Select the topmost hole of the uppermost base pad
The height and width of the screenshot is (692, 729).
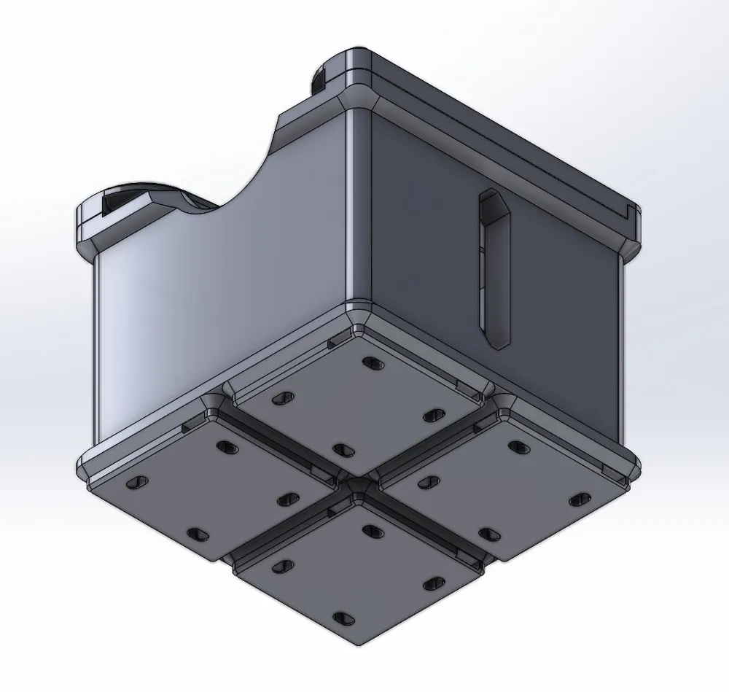click(x=372, y=362)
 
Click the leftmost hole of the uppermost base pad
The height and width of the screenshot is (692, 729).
click(x=281, y=398)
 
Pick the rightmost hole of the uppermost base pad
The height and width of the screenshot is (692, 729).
click(x=433, y=414)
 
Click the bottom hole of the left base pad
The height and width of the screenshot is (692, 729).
click(x=198, y=534)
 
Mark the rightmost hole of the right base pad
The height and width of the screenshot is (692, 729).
click(x=580, y=499)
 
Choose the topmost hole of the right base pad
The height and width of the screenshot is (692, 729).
click(x=519, y=446)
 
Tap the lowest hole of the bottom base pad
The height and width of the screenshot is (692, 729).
click(x=343, y=618)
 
